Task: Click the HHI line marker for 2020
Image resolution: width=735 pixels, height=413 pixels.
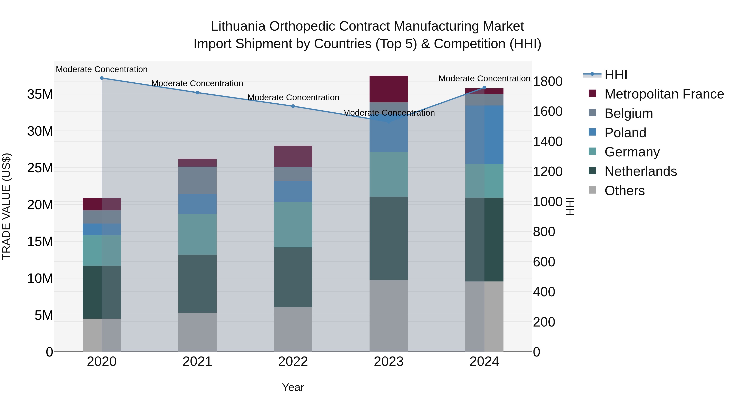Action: click(x=102, y=78)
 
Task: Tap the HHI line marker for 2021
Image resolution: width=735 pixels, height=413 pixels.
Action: click(x=197, y=93)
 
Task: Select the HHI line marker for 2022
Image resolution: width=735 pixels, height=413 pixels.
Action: click(x=293, y=106)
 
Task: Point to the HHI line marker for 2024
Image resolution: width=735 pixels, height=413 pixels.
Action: click(x=484, y=88)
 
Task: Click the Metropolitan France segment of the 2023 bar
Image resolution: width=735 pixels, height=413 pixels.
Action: click(x=389, y=89)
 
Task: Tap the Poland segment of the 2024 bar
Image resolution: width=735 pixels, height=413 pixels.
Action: click(x=484, y=135)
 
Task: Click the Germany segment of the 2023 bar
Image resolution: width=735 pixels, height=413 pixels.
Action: click(x=389, y=174)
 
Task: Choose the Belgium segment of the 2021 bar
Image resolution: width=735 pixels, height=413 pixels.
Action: click(x=197, y=180)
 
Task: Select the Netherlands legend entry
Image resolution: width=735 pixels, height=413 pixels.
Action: click(x=640, y=171)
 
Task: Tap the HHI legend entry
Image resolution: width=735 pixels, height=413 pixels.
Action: click(x=616, y=75)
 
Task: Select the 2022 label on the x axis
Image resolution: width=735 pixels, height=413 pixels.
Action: click(x=293, y=362)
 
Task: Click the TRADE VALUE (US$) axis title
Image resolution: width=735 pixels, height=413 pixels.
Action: click(x=6, y=206)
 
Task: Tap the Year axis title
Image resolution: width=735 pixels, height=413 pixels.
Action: click(x=293, y=387)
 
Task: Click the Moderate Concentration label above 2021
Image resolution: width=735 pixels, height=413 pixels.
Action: click(x=197, y=83)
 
